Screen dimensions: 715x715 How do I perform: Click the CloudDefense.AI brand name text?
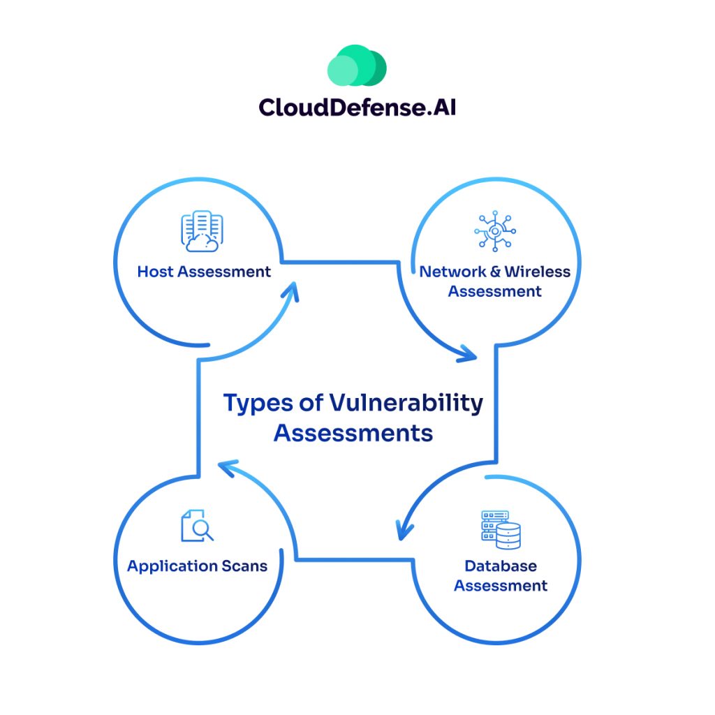pyautogui.click(x=357, y=107)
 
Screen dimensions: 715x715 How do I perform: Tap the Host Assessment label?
pyautogui.click(x=204, y=271)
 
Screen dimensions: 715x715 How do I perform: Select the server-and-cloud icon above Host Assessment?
pyautogui.click(x=202, y=233)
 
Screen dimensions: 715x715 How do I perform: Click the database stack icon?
pyautogui.click(x=501, y=529)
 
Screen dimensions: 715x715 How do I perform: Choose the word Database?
pyautogui.click(x=501, y=565)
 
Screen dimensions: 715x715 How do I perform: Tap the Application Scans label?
pyautogui.click(x=197, y=566)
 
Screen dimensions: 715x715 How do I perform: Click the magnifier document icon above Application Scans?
pyautogui.click(x=197, y=526)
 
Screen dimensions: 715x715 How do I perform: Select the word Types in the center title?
pyautogui.click(x=251, y=403)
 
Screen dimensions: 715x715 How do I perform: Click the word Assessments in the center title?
pyautogui.click(x=353, y=433)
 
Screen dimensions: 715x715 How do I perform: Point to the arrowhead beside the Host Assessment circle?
pyautogui.click(x=294, y=289)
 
